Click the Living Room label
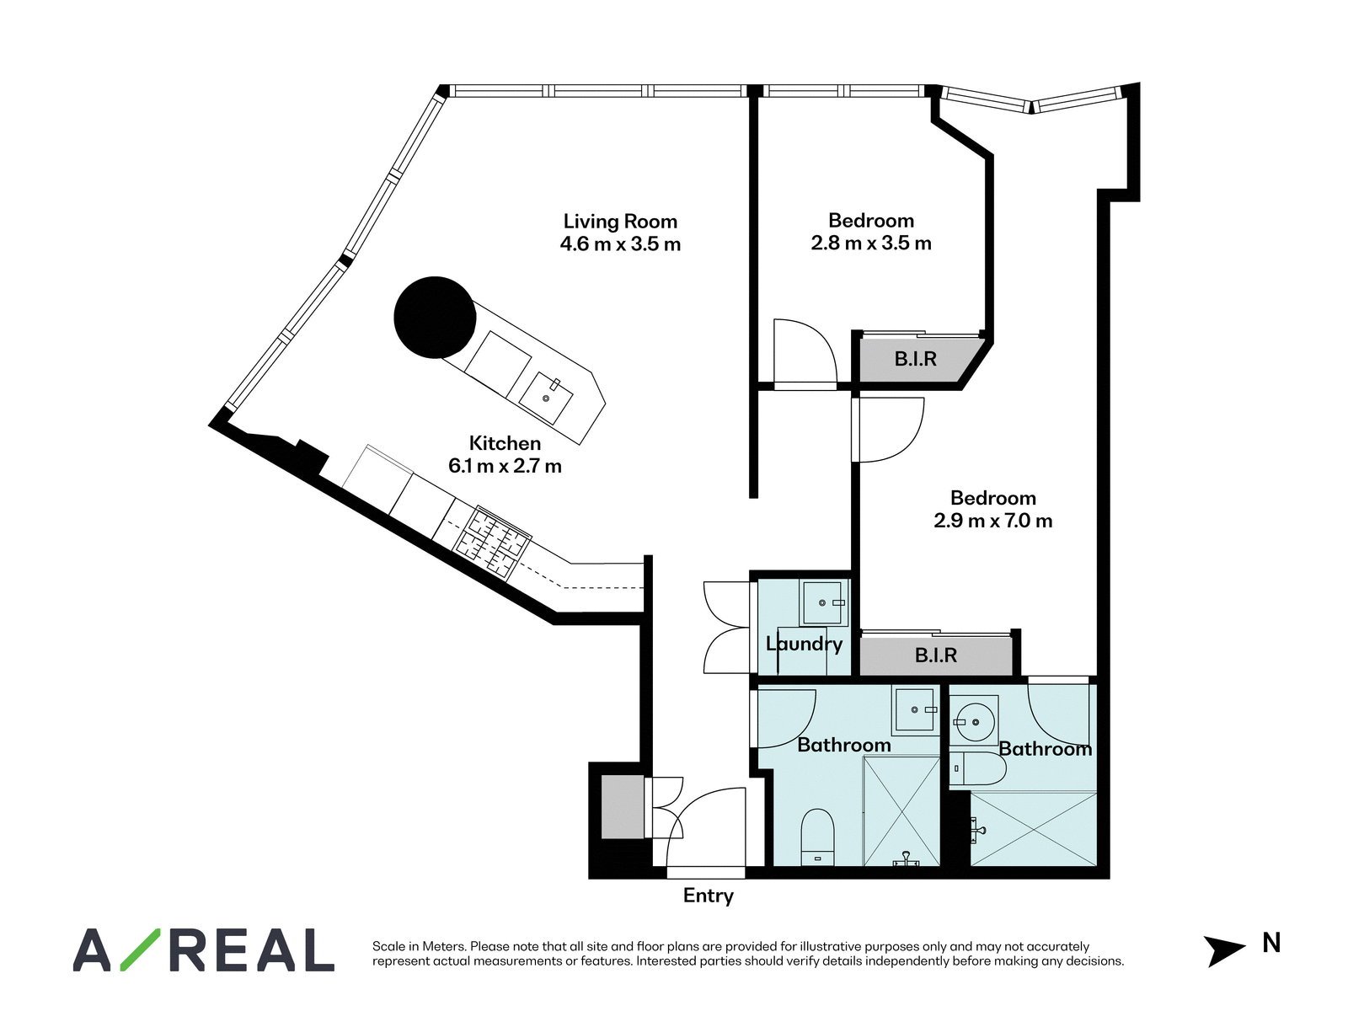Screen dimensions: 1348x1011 (x=620, y=221)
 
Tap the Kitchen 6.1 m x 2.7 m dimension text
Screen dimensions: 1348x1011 (x=505, y=466)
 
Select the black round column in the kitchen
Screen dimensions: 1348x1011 (x=435, y=318)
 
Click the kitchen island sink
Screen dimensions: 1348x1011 (x=546, y=398)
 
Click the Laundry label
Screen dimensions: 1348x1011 (x=804, y=644)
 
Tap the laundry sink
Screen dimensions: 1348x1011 (x=823, y=602)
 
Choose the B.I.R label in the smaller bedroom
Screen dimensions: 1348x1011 (x=915, y=359)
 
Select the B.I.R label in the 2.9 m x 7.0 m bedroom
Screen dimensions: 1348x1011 (x=936, y=655)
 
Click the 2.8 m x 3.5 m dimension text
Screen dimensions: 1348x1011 (x=871, y=243)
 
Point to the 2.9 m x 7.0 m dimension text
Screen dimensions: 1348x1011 (x=993, y=521)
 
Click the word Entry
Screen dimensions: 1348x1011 (x=708, y=896)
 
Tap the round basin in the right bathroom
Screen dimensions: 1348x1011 (x=975, y=720)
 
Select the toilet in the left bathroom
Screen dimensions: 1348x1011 (x=818, y=837)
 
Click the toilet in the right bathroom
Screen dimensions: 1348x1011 (x=978, y=768)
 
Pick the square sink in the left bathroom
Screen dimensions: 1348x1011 (x=916, y=710)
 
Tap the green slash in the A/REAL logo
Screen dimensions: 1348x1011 (x=140, y=949)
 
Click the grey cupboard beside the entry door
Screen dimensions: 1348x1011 (x=622, y=807)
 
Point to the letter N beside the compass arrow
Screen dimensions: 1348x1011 (x=1271, y=943)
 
